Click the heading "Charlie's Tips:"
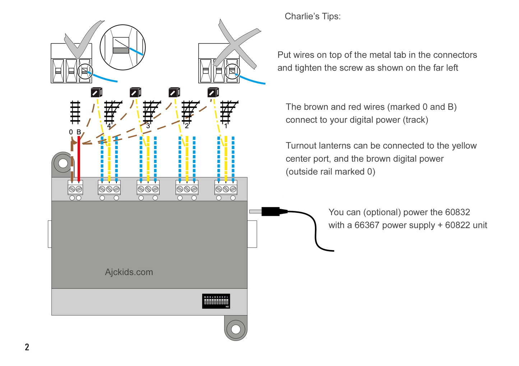(312, 17)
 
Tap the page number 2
(27, 347)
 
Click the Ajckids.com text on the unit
(129, 272)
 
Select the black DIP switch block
(216, 301)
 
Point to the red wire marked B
(79, 158)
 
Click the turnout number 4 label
(109, 126)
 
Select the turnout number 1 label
(226, 126)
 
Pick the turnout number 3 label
(148, 126)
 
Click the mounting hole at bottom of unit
(236, 329)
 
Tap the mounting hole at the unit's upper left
(63, 163)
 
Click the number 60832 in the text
(457, 212)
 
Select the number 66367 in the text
(367, 225)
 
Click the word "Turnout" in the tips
(301, 146)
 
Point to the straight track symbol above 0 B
(75, 112)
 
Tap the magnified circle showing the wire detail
(122, 47)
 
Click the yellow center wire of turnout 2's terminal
(187, 161)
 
